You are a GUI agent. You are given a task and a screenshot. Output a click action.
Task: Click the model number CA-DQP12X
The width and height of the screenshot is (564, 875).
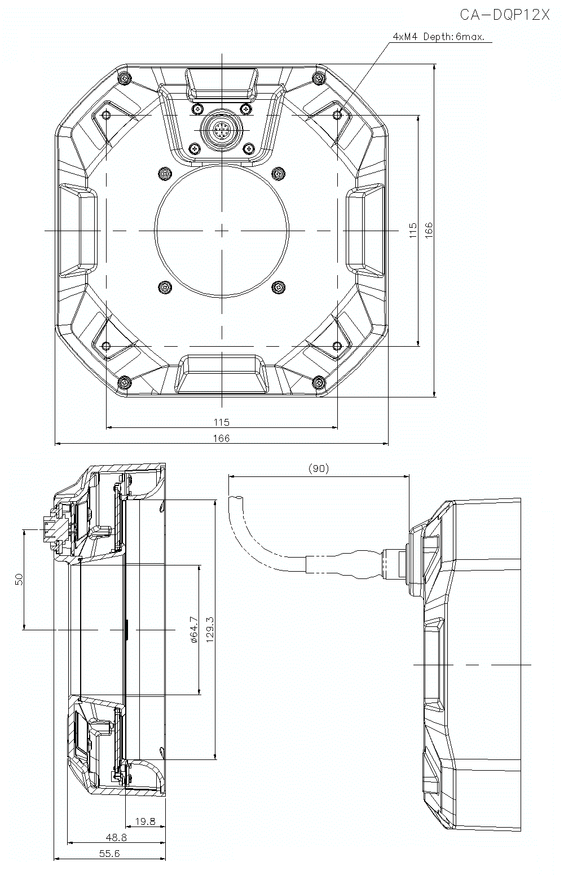[x=504, y=15]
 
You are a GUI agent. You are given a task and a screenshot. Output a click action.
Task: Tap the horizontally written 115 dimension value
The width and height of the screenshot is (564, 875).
[x=222, y=422]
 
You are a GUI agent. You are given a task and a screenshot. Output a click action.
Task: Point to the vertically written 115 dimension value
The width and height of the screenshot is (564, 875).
[x=413, y=230]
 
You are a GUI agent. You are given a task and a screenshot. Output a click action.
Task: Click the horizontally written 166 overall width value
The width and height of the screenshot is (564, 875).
[x=222, y=438]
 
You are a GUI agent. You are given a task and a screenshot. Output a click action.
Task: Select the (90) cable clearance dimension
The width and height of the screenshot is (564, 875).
[x=319, y=469]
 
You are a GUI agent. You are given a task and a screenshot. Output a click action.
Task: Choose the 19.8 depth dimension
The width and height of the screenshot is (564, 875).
[x=145, y=821]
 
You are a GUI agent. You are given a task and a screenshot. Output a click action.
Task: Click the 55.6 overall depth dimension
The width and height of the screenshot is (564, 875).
[x=109, y=854]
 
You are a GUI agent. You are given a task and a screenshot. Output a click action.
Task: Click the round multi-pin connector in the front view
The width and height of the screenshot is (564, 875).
[x=222, y=131]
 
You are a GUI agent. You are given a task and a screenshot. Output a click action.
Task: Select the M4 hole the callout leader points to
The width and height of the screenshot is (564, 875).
[x=337, y=115]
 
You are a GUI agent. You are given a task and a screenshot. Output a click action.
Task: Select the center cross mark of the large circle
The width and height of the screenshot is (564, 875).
[x=222, y=230]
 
